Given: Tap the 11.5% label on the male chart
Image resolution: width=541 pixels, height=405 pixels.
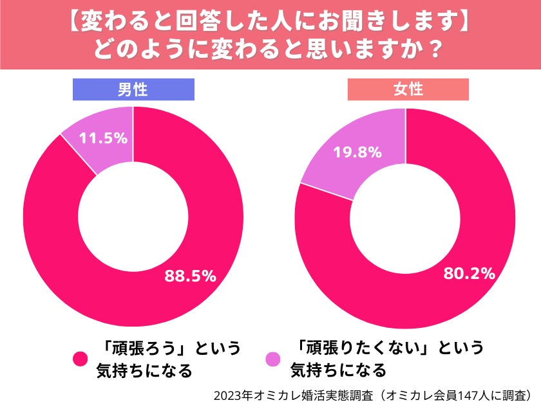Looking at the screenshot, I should [x=102, y=138].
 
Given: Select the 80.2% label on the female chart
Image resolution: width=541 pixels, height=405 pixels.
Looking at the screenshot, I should [x=469, y=273].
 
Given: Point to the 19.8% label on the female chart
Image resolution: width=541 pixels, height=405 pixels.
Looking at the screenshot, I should [x=358, y=152].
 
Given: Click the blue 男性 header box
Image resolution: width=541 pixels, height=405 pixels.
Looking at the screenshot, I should [x=133, y=89].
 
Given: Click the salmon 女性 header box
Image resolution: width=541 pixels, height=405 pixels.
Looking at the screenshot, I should [x=408, y=89].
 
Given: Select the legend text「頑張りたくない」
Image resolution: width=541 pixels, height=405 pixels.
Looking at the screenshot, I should [x=364, y=349].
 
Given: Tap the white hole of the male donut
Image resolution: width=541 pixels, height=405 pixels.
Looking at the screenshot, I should [x=133, y=217].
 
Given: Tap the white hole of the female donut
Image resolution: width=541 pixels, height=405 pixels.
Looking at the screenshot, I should [x=405, y=219].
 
